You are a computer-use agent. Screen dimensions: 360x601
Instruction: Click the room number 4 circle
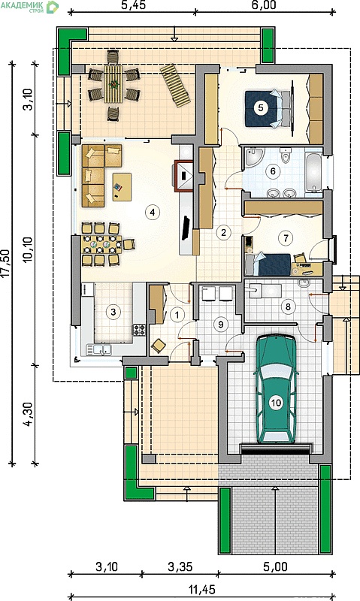153,212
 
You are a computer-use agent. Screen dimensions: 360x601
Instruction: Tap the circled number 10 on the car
276,403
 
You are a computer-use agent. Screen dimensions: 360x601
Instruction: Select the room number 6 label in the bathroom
273,171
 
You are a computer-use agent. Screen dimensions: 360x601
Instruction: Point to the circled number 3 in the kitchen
113,312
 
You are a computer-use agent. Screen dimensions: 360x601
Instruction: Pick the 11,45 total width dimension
202,589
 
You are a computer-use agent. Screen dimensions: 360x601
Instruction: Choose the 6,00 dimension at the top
264,5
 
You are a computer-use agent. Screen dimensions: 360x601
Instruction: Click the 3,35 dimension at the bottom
180,566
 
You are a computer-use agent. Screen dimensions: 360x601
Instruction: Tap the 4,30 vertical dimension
28,415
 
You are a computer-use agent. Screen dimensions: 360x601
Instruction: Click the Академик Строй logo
29,7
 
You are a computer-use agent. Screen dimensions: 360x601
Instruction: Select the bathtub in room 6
313,172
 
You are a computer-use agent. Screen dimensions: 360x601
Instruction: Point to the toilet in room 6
286,155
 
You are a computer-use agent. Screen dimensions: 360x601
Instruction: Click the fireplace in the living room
184,175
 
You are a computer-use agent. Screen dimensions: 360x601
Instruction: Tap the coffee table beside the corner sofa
122,186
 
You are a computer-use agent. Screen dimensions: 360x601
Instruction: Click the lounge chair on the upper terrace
175,86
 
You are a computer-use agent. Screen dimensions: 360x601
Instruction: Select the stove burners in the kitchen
138,329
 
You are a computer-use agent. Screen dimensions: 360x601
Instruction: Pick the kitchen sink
99,349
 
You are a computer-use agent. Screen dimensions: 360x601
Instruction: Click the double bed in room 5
268,109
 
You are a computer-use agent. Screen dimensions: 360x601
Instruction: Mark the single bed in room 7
268,264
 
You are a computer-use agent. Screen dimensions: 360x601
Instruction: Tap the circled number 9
220,325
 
